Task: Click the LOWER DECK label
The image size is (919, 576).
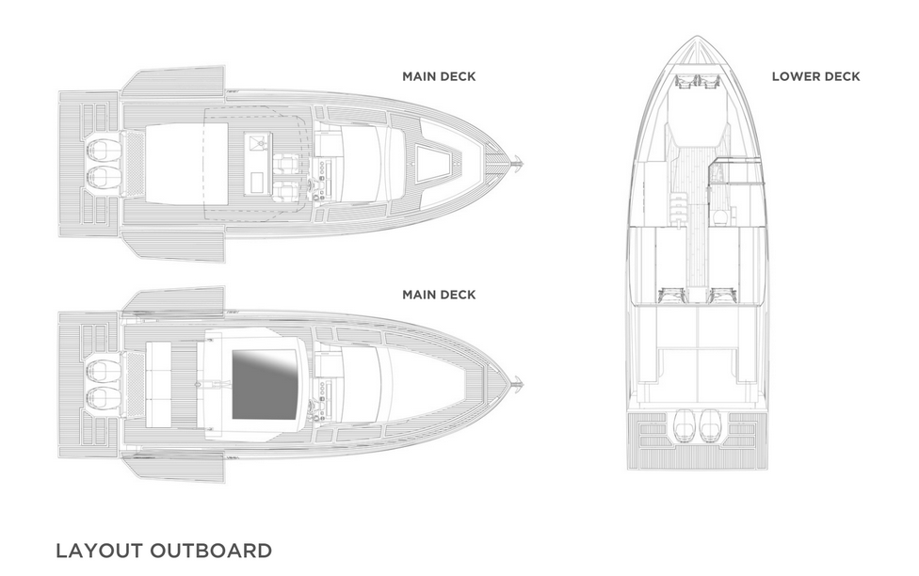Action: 815,76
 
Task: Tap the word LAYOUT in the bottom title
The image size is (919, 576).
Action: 99,551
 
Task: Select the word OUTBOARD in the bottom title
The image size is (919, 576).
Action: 211,551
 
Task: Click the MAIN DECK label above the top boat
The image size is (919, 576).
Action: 439,76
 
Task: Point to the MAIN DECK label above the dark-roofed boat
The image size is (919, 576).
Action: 439,295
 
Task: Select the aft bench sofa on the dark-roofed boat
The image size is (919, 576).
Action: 157,385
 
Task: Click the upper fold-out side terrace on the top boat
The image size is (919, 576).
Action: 173,80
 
